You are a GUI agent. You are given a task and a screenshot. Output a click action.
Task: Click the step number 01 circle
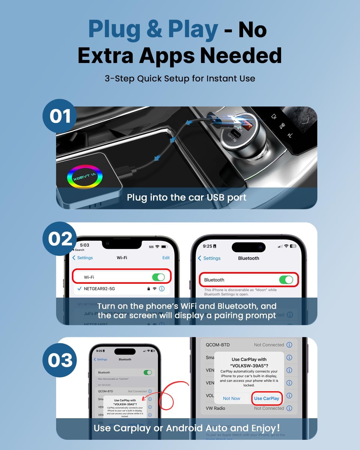tap(60, 116)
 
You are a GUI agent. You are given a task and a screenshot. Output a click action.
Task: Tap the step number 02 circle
tap(60, 239)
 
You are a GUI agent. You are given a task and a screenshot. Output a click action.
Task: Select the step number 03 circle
tap(60, 360)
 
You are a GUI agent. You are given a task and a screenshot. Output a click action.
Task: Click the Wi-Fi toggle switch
tap(158, 277)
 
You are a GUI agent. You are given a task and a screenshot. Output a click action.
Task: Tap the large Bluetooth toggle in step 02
tap(286, 280)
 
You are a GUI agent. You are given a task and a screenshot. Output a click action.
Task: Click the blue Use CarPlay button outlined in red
tap(266, 398)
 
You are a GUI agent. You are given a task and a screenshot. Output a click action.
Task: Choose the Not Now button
tap(231, 398)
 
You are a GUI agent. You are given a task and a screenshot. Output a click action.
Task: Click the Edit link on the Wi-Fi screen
tap(166, 258)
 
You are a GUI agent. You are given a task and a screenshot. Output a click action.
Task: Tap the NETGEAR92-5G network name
tap(99, 289)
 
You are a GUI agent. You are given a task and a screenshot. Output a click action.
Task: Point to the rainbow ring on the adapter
tap(85, 177)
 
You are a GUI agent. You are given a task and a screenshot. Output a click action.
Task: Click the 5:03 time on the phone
tap(85, 245)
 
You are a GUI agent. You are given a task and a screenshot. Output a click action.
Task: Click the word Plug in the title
tap(114, 29)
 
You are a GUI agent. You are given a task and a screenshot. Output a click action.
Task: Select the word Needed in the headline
tap(241, 56)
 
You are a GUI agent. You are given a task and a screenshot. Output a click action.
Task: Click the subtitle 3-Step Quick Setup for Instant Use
tap(180, 79)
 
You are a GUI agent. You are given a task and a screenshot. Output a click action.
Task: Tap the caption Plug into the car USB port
tap(186, 197)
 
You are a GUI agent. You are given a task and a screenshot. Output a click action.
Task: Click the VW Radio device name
tap(215, 408)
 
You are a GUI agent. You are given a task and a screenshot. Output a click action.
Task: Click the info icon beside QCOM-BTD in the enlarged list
tap(289, 345)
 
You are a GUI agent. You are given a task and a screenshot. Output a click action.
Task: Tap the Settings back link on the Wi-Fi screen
tap(83, 258)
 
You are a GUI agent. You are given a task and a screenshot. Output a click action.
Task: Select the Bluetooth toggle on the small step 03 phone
tap(148, 372)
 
